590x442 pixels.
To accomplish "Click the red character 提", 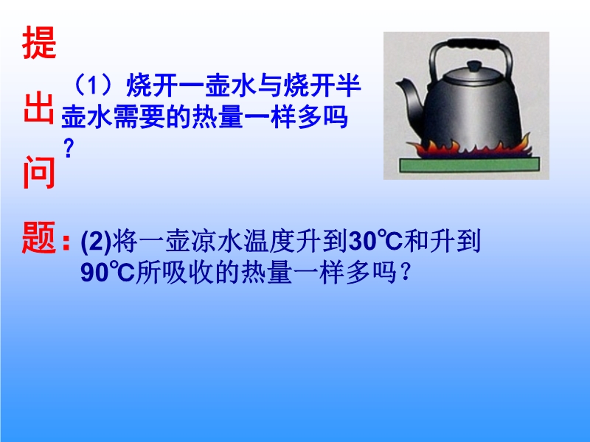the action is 39,43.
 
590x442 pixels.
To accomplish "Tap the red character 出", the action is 38,108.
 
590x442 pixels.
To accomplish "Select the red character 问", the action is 39,172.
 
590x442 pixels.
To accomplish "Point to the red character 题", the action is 39,237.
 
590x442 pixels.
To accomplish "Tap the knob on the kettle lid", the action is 474,66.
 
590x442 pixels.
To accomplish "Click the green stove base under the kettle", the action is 469,165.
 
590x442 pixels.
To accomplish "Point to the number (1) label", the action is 93,85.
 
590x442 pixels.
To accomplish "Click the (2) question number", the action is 96,242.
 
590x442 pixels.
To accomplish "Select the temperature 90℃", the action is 108,272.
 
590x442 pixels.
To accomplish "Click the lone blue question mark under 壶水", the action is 69,148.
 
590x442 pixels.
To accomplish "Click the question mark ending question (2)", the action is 405,272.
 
